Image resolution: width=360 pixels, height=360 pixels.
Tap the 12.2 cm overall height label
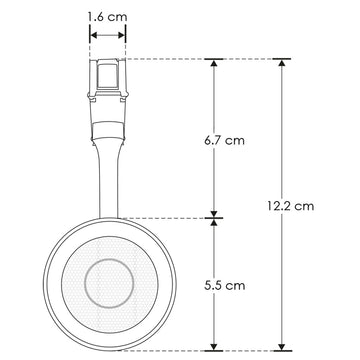[291, 206]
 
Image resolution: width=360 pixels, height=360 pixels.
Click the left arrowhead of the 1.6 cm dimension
[92, 34]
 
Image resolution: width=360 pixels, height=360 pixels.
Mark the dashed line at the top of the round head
[170, 217]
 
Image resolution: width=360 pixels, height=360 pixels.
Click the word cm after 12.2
[305, 206]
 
